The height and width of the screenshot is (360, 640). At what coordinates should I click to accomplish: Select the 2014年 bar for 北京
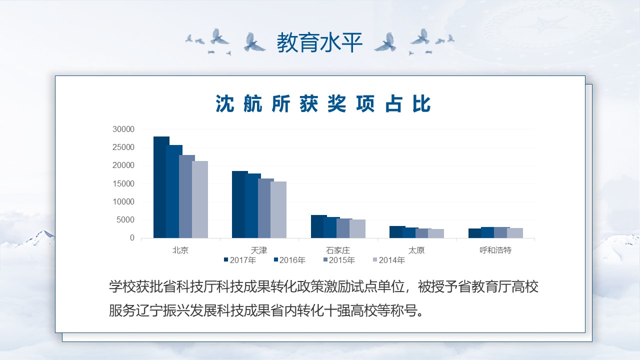200,199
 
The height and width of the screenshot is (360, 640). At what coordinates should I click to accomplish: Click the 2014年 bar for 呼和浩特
515,233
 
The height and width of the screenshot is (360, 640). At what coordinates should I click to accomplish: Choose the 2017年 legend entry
240,260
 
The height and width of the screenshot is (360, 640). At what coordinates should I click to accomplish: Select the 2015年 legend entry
339,260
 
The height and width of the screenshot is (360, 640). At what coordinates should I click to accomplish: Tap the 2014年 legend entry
389,260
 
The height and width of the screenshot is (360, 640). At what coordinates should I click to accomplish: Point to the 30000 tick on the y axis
123,129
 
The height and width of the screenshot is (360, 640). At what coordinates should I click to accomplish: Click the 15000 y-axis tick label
123,183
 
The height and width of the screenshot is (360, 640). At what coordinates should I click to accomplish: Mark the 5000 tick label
125,219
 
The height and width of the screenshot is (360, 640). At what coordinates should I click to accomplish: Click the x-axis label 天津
259,250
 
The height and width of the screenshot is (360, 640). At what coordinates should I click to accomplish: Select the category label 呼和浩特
495,250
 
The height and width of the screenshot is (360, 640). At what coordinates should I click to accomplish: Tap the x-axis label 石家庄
338,250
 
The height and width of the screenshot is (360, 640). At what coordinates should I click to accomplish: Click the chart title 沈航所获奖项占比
323,103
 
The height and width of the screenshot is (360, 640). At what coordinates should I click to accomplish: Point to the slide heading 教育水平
319,42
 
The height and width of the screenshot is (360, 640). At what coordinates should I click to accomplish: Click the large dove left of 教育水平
253,42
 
